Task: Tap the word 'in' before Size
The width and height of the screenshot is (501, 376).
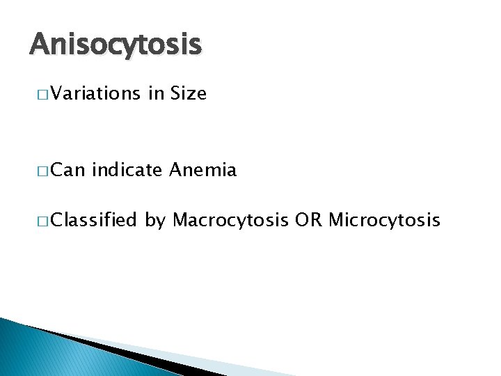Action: click(155, 94)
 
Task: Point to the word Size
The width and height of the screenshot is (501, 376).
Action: click(188, 94)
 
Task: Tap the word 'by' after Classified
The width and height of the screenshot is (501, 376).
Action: click(155, 222)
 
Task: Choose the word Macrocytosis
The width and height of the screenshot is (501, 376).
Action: click(230, 221)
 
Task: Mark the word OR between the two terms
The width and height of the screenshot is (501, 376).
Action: click(307, 221)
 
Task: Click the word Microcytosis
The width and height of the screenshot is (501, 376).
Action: click(384, 221)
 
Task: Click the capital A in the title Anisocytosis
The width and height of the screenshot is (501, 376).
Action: click(39, 45)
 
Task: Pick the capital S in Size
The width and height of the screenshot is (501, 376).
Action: click(175, 94)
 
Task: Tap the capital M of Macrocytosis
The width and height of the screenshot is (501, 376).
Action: click(180, 221)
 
